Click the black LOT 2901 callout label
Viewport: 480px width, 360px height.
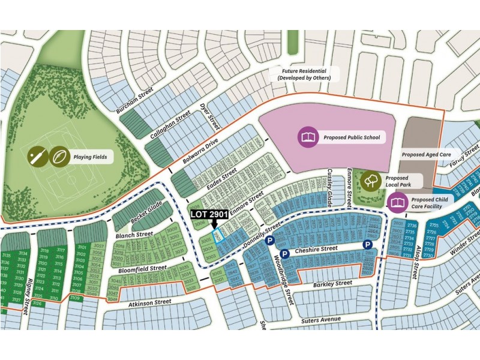coord(209,213)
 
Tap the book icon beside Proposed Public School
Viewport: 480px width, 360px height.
coord(308,137)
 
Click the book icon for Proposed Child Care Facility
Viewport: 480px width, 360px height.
coord(397,203)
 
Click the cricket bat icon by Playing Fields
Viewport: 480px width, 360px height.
coord(37,157)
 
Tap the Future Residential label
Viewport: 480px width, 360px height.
coord(304,74)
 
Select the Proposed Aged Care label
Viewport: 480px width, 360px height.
coord(426,154)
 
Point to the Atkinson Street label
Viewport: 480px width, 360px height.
coord(149,304)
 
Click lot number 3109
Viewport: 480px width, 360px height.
coord(75,298)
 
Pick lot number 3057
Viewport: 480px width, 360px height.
coord(99,247)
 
